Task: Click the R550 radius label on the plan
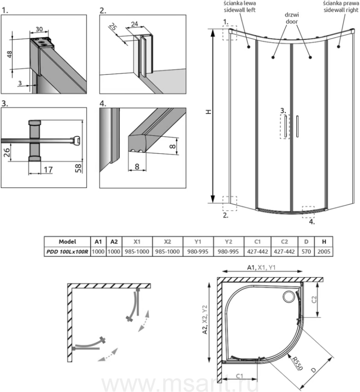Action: pyautogui.click(x=297, y=361)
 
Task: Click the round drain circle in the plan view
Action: pyautogui.click(x=288, y=297)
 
